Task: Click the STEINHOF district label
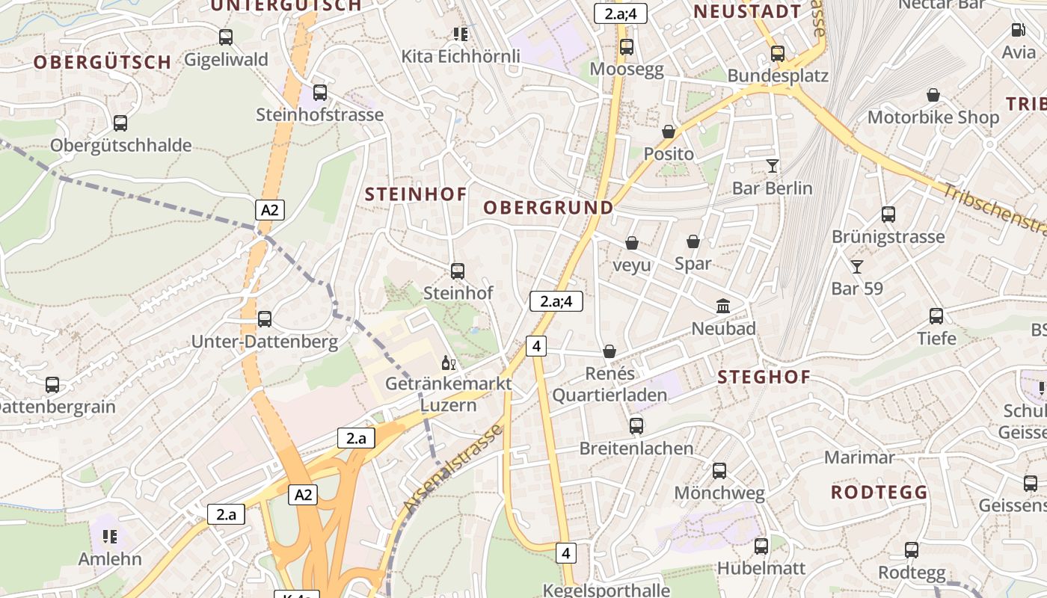[416, 194]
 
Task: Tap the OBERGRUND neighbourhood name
[548, 208]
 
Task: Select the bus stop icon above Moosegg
[627, 47]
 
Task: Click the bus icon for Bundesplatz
[778, 54]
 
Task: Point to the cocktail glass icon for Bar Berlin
[773, 165]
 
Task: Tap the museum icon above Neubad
[723, 306]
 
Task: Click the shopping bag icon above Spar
[693, 241]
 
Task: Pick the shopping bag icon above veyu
[632, 243]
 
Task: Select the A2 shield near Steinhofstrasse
[270, 210]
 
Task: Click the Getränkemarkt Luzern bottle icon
[448, 363]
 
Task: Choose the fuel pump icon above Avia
[1018, 30]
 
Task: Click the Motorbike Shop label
[933, 117]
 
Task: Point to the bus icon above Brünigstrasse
[888, 215]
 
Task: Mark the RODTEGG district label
[879, 492]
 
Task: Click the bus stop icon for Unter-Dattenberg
[265, 319]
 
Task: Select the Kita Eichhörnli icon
[461, 34]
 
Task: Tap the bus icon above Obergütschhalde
[120, 123]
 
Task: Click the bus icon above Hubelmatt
[761, 546]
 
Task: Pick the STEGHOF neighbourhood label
[764, 377]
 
